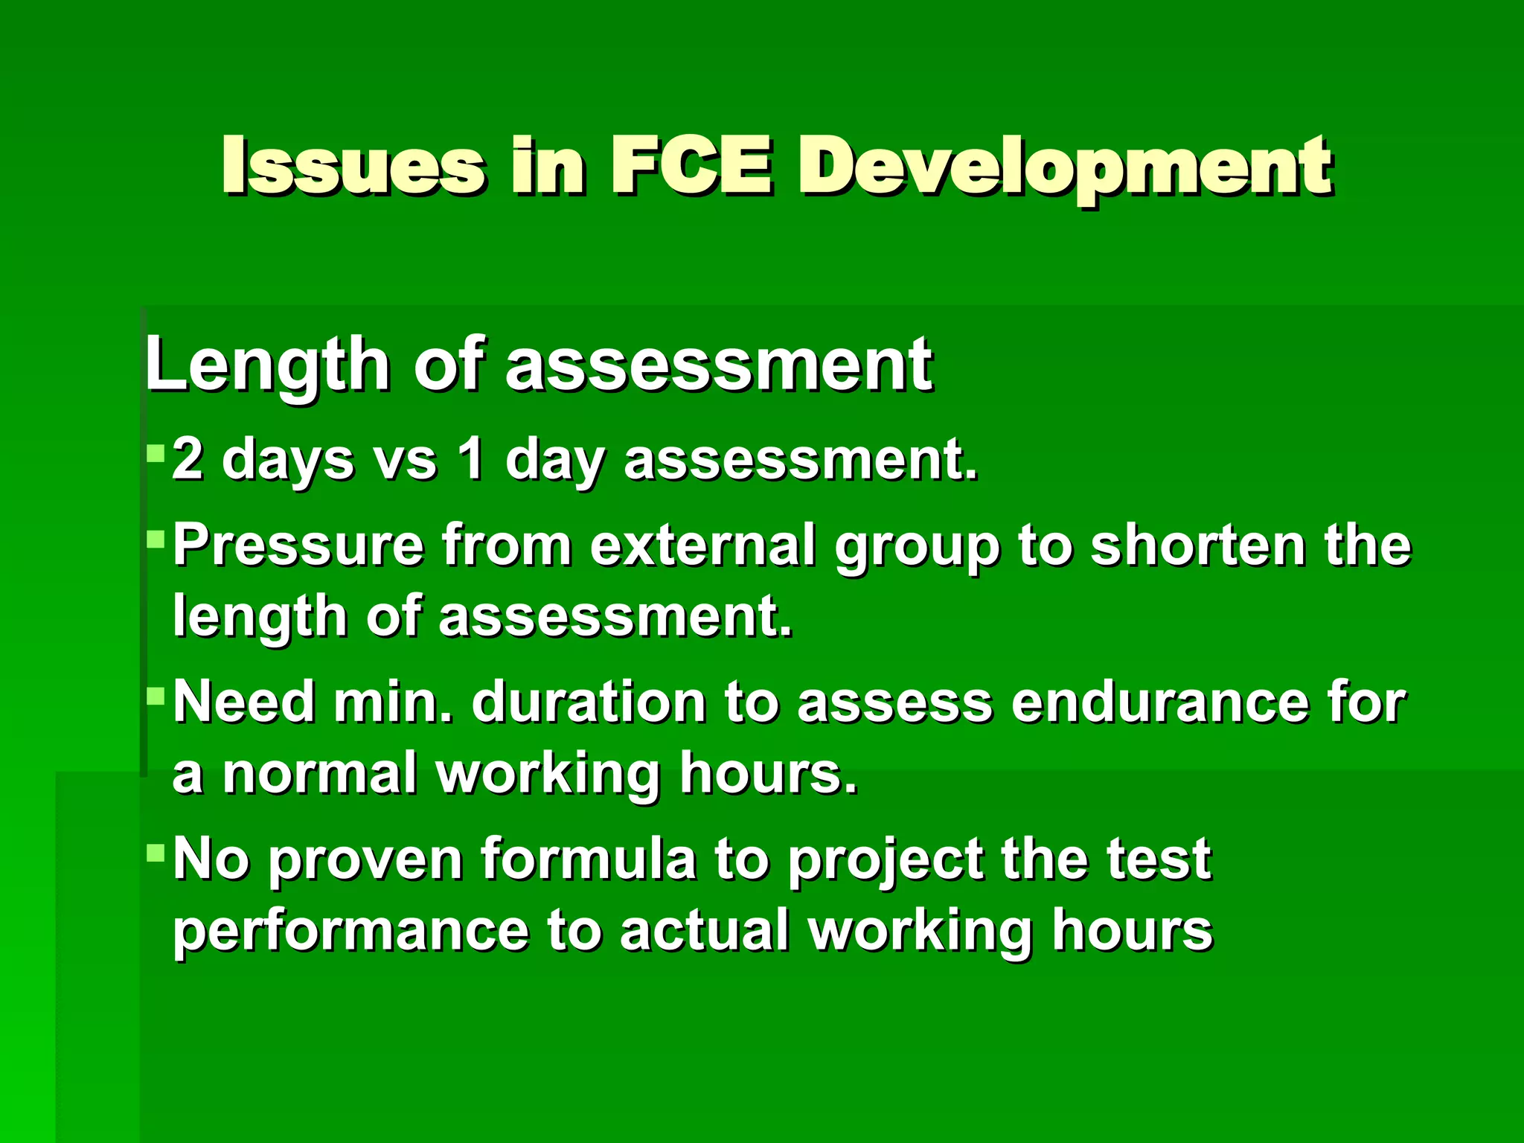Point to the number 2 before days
pos(187,459)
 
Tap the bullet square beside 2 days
pos(156,452)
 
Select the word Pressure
pos(298,545)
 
